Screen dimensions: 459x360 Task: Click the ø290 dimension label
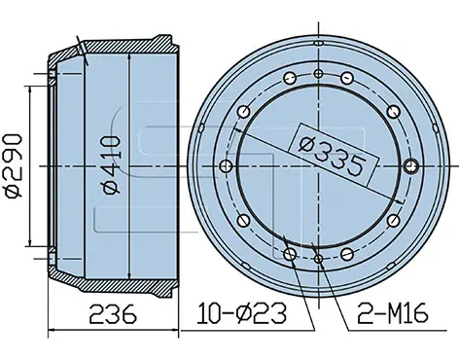pos(14,165)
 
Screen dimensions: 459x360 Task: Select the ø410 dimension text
pos(112,165)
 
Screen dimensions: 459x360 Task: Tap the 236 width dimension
pos(113,313)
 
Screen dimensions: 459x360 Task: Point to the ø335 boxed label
pos(334,156)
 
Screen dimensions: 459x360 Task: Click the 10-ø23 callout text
pos(242,313)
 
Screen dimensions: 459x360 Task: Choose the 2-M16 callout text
pos(393,313)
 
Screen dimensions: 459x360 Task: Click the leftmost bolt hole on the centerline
pos(226,166)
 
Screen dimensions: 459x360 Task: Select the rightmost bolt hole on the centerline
pos(412,166)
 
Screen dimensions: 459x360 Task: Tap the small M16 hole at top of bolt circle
pos(319,73)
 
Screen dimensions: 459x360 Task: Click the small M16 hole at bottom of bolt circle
pos(319,259)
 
